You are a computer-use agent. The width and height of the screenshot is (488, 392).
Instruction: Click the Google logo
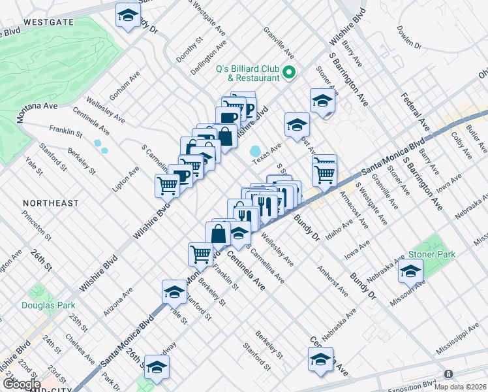coord(21,384)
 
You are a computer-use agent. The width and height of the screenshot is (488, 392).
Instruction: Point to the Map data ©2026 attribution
coord(460,387)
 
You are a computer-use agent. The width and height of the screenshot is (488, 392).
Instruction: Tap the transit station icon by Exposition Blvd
coord(448,374)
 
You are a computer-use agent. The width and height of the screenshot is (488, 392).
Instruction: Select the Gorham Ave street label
coord(124,86)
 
